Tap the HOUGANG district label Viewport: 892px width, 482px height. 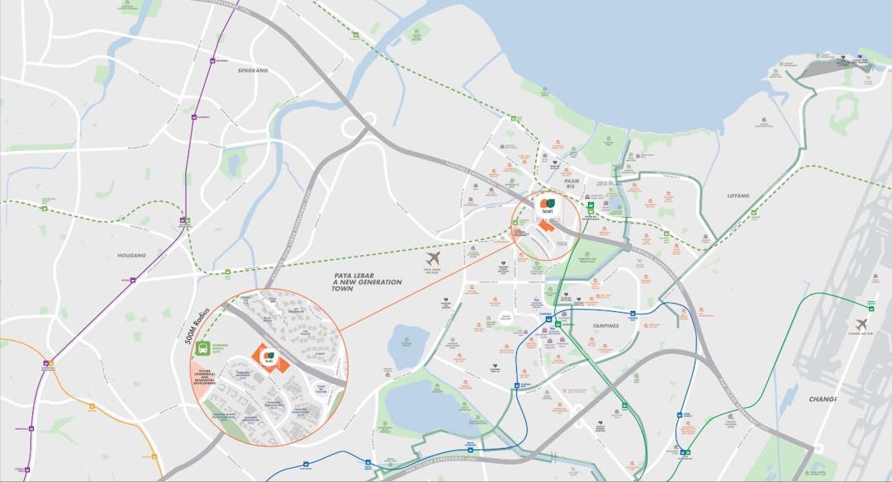[132, 256]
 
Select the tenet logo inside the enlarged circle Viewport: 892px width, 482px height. [268, 356]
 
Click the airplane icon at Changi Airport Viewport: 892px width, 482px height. [863, 324]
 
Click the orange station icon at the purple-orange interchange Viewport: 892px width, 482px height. [50, 362]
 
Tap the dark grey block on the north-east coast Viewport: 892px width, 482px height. [818, 71]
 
